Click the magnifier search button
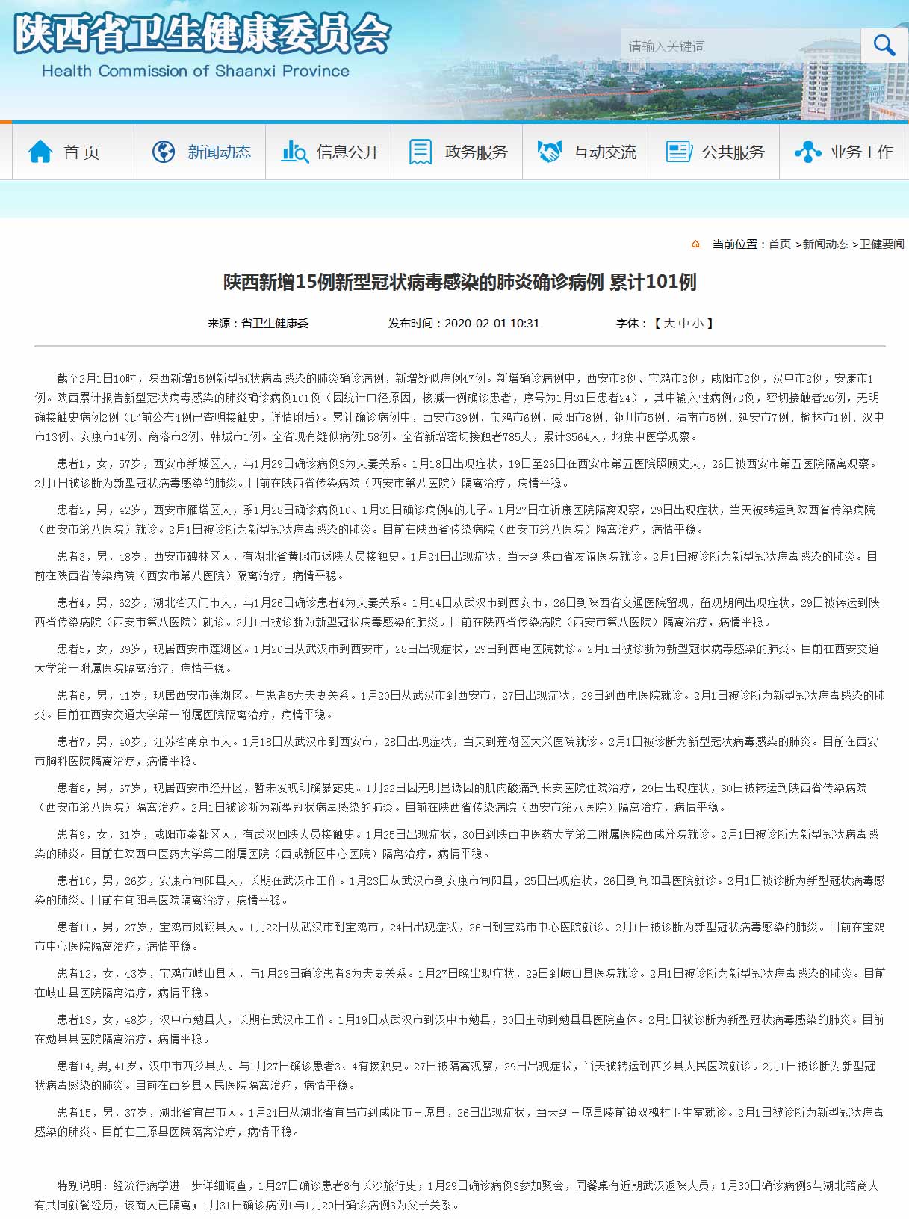(884, 46)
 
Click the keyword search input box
(739, 46)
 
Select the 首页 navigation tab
(74, 152)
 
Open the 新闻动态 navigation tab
(202, 152)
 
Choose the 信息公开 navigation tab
(331, 152)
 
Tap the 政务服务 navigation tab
(459, 152)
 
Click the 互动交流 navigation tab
(588, 152)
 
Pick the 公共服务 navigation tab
(716, 152)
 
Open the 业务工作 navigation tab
(845, 152)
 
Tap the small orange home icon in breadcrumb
(696, 244)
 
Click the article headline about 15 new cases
(459, 282)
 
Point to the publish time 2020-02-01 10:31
(491, 324)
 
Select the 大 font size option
(669, 324)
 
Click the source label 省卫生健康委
(274, 324)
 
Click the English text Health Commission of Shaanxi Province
(196, 71)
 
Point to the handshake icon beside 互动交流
(550, 152)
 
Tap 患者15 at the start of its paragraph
(75, 1113)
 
